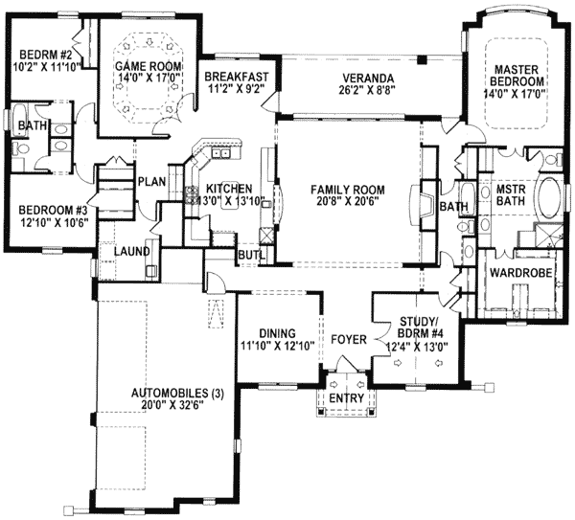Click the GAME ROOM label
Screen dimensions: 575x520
[149, 66]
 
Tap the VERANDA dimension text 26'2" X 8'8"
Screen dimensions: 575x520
[368, 89]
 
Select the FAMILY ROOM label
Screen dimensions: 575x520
[348, 190]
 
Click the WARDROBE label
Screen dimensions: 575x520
[520, 273]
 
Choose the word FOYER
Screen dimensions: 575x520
[349, 339]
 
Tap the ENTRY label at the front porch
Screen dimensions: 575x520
[347, 398]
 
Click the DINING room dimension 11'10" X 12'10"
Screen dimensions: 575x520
[278, 345]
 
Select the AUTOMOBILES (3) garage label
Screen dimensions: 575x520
[177, 394]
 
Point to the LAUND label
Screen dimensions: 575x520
[131, 252]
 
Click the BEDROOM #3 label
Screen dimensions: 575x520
[53, 211]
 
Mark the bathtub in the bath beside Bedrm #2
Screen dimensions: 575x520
[18, 121]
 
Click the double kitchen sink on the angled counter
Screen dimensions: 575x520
[221, 153]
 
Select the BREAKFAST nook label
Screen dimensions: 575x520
[237, 77]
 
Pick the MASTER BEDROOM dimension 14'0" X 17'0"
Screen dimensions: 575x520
[515, 93]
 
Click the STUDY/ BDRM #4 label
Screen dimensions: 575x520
[418, 328]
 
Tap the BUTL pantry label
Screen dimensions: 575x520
[251, 256]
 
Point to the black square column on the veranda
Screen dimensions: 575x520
[424, 59]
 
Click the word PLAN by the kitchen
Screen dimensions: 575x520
[151, 181]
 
